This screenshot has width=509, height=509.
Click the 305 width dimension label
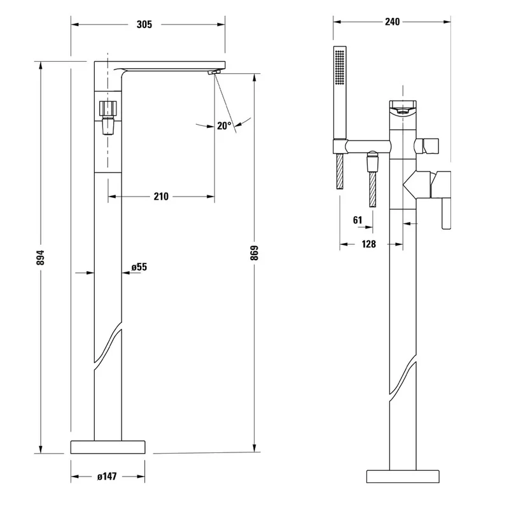(x=144, y=24)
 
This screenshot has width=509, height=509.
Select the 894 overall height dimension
(x=41, y=258)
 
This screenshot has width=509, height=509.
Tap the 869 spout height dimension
(x=254, y=253)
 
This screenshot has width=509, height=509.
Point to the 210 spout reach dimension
(x=161, y=197)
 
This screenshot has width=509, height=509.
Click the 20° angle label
(x=225, y=125)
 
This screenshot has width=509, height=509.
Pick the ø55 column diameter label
(x=139, y=267)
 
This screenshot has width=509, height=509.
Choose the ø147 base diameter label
(x=107, y=477)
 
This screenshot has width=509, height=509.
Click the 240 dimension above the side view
(x=392, y=22)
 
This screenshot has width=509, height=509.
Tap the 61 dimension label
(x=358, y=220)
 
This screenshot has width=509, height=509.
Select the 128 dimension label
(x=369, y=244)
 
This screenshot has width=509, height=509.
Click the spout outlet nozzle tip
(x=214, y=72)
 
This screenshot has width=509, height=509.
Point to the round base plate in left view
(x=108, y=447)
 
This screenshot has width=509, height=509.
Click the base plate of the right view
(x=403, y=476)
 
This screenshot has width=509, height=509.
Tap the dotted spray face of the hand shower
(x=340, y=68)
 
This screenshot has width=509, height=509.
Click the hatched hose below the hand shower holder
(x=340, y=171)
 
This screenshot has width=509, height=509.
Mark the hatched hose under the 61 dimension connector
(x=373, y=189)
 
